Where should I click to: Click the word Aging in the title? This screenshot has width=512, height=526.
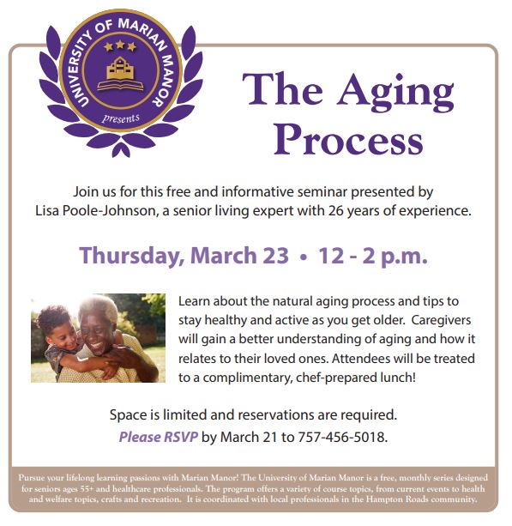(x=395, y=93)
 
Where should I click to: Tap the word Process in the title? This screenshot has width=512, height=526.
(x=349, y=140)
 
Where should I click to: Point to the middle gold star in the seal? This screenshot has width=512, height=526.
(x=120, y=45)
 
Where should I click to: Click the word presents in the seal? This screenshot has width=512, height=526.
(x=121, y=118)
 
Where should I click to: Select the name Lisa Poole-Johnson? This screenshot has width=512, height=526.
(x=95, y=211)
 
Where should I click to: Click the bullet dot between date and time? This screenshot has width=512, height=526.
(x=304, y=257)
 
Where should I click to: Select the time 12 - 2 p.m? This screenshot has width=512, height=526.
(x=373, y=256)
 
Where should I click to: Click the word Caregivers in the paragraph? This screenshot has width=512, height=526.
(x=441, y=320)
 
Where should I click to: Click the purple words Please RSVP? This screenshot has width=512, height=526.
(x=159, y=437)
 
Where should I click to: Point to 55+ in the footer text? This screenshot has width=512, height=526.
(x=87, y=489)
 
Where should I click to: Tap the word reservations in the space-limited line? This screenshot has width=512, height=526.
(x=276, y=415)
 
